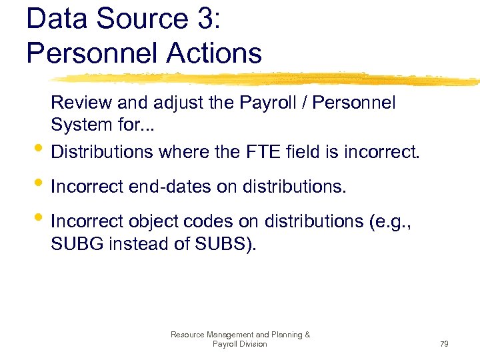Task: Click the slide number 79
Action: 445,344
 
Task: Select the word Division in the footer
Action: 251,344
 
